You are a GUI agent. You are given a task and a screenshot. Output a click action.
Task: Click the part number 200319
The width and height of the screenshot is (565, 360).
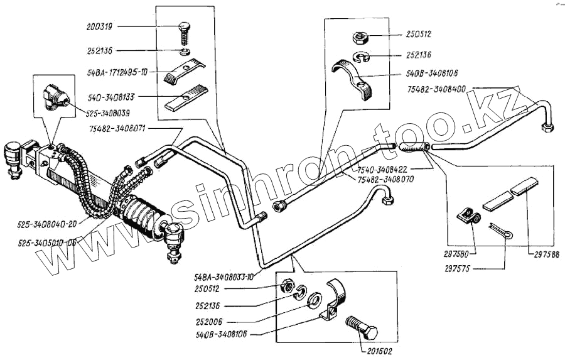100,27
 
